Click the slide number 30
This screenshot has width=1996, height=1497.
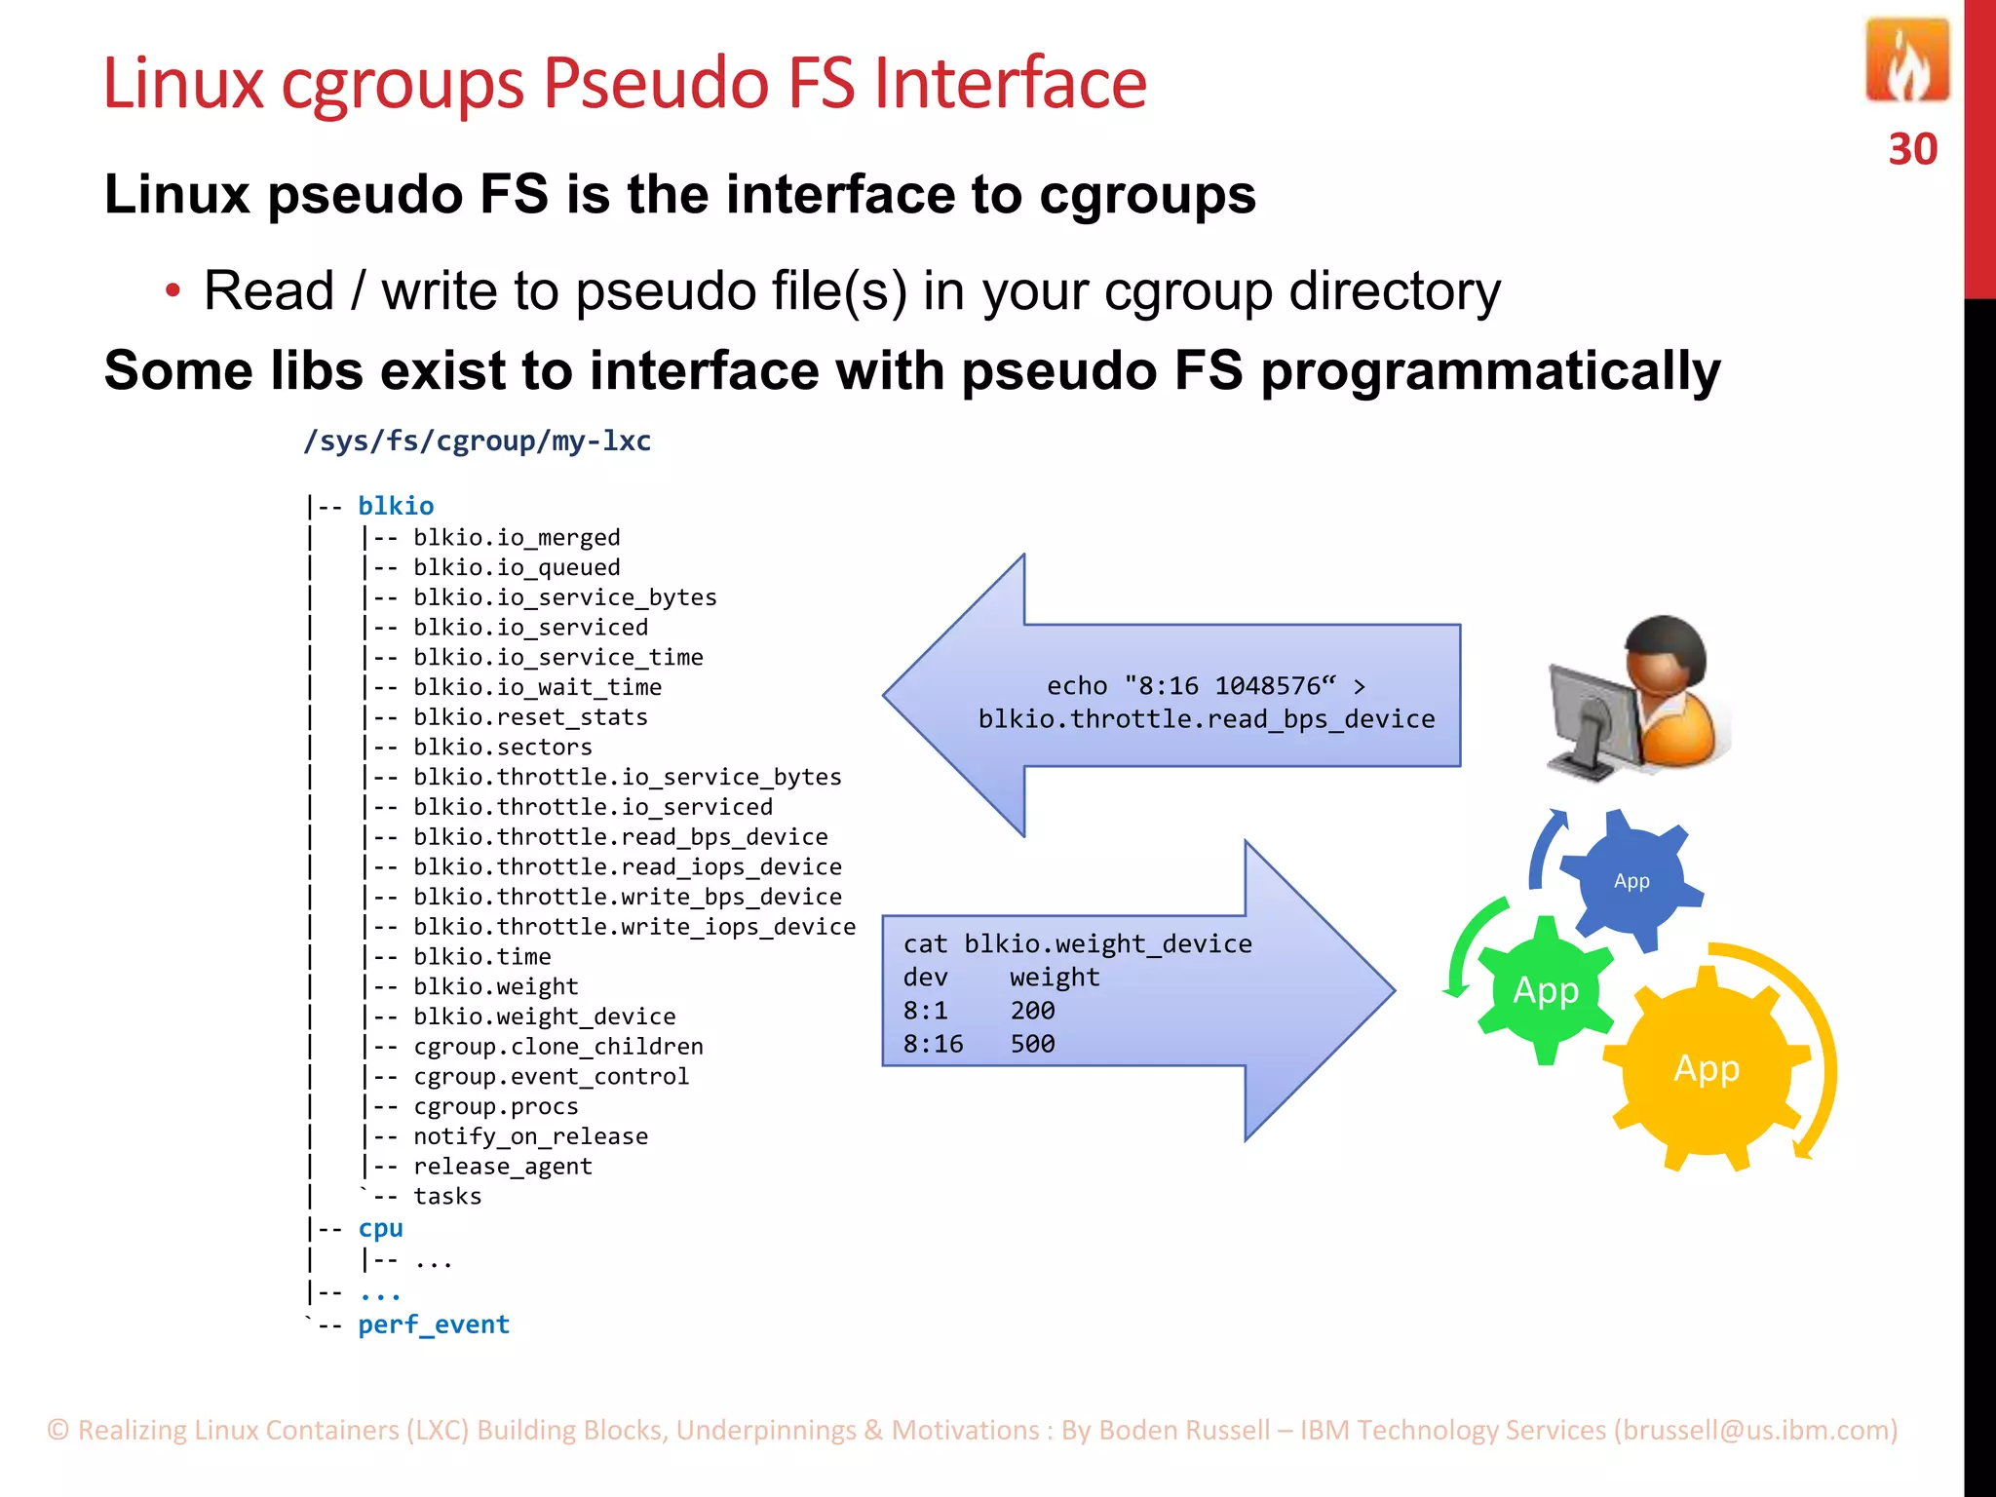click(1912, 150)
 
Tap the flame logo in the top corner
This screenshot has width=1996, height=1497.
click(1907, 62)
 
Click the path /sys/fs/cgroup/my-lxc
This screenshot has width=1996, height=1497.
click(477, 441)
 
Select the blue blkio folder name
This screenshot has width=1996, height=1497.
click(396, 506)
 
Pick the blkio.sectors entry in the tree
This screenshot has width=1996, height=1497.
click(502, 748)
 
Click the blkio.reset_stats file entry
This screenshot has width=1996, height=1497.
click(529, 717)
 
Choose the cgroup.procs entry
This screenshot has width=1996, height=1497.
click(495, 1107)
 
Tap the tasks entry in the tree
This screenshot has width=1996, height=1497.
click(447, 1197)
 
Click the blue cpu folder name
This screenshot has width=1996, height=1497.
click(380, 1229)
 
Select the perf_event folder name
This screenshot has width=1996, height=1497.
click(434, 1325)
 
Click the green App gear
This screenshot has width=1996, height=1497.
click(1545, 990)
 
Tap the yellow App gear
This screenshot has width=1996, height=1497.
click(1706, 1069)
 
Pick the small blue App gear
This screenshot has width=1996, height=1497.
click(1631, 881)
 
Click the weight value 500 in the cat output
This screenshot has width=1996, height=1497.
click(1032, 1045)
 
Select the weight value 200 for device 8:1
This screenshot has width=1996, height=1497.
click(1032, 1011)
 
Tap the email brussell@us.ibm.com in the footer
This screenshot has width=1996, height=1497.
click(1754, 1430)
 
